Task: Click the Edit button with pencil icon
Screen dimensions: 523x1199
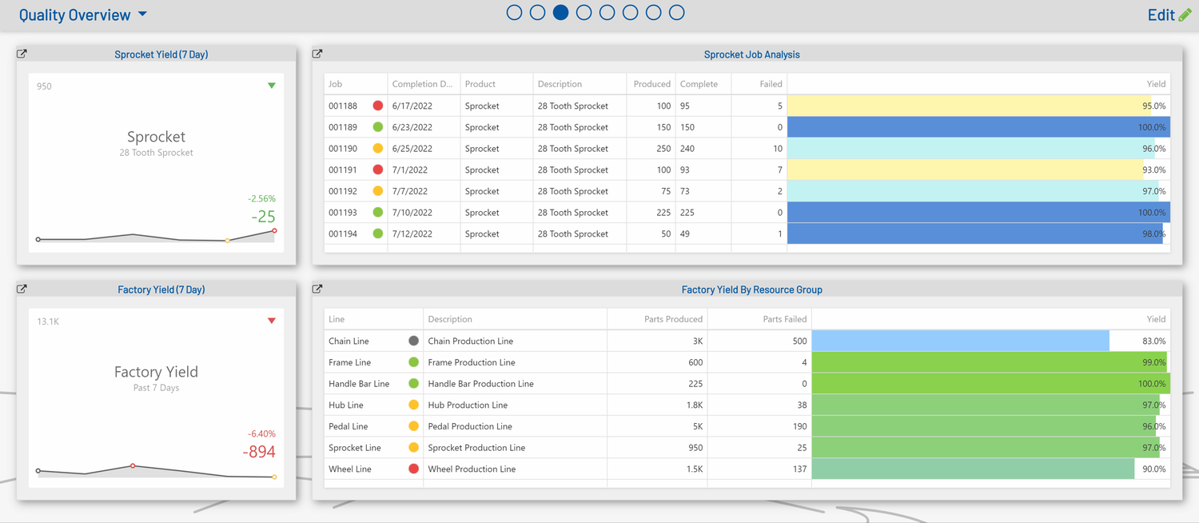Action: click(x=1169, y=15)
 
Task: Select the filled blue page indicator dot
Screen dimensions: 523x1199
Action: click(x=561, y=13)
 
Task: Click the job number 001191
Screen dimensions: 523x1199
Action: click(x=343, y=170)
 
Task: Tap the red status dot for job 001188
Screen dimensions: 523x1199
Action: click(x=378, y=106)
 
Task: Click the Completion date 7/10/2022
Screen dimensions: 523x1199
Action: click(x=412, y=213)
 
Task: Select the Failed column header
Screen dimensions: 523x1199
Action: click(x=770, y=84)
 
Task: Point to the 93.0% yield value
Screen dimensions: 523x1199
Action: click(x=1153, y=170)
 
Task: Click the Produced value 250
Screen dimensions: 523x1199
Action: click(x=662, y=149)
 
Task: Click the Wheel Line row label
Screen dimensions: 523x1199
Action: click(x=350, y=469)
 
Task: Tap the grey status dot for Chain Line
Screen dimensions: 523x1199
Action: click(x=413, y=341)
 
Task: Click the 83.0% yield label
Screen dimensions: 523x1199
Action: click(x=1153, y=341)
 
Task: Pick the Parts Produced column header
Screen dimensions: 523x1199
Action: click(x=673, y=319)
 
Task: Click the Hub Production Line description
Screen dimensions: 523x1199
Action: click(x=468, y=405)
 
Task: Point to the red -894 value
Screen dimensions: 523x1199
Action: click(x=259, y=452)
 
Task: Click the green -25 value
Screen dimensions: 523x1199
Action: click(x=263, y=217)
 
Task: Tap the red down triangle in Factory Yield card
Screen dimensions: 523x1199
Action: click(x=272, y=321)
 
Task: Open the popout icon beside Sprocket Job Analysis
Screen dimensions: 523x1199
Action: click(x=317, y=54)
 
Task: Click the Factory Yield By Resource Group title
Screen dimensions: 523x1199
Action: click(x=751, y=289)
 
